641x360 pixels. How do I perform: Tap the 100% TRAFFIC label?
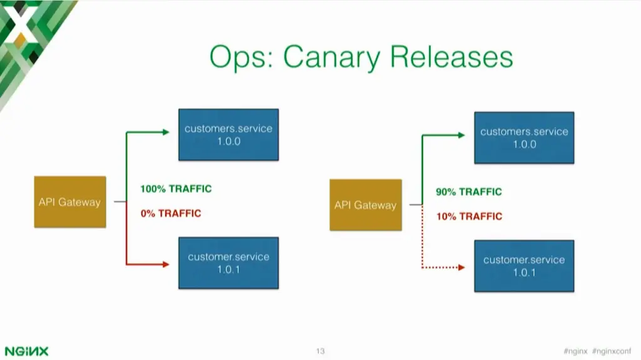point(176,189)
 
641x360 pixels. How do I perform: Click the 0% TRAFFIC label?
point(171,213)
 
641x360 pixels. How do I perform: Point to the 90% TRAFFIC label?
point(469,192)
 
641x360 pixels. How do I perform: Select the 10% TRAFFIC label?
point(469,217)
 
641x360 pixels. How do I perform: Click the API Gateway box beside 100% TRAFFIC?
point(69,202)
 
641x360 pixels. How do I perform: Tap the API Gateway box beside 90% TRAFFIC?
point(366,205)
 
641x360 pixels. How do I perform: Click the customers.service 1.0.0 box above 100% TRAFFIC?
point(228,135)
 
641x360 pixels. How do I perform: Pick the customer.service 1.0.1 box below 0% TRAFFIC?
point(228,263)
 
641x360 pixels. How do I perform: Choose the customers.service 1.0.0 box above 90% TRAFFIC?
point(524,138)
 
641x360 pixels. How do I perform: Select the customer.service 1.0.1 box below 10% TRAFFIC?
point(524,266)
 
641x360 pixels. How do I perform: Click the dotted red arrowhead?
point(461,268)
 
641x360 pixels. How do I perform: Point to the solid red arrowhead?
point(166,265)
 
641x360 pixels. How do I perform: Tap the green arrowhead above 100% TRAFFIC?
point(166,132)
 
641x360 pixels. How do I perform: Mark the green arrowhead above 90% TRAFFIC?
point(461,135)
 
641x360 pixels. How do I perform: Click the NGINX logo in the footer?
point(26,351)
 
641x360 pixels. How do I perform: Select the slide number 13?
point(320,351)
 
